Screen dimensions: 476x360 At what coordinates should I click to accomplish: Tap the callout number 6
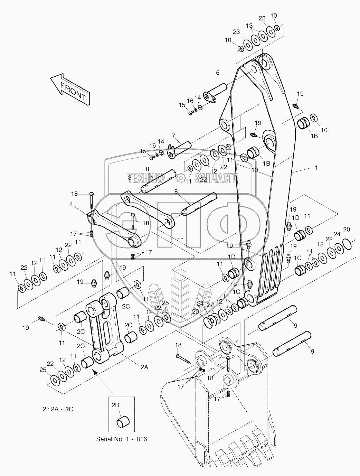click(218, 73)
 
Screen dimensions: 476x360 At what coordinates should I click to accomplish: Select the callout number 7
click(173, 136)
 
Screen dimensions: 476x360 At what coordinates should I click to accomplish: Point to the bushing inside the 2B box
click(124, 422)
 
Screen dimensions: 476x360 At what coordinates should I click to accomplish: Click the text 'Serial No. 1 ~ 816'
click(121, 439)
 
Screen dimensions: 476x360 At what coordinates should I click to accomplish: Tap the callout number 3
click(130, 177)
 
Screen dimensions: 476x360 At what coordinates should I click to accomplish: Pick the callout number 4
click(71, 204)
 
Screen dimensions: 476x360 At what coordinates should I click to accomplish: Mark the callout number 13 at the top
click(249, 25)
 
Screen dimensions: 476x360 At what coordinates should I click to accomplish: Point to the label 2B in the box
click(115, 404)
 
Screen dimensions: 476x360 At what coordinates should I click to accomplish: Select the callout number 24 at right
click(337, 234)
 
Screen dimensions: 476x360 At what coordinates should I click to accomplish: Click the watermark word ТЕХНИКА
click(146, 178)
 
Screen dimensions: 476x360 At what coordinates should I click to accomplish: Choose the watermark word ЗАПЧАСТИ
click(216, 178)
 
